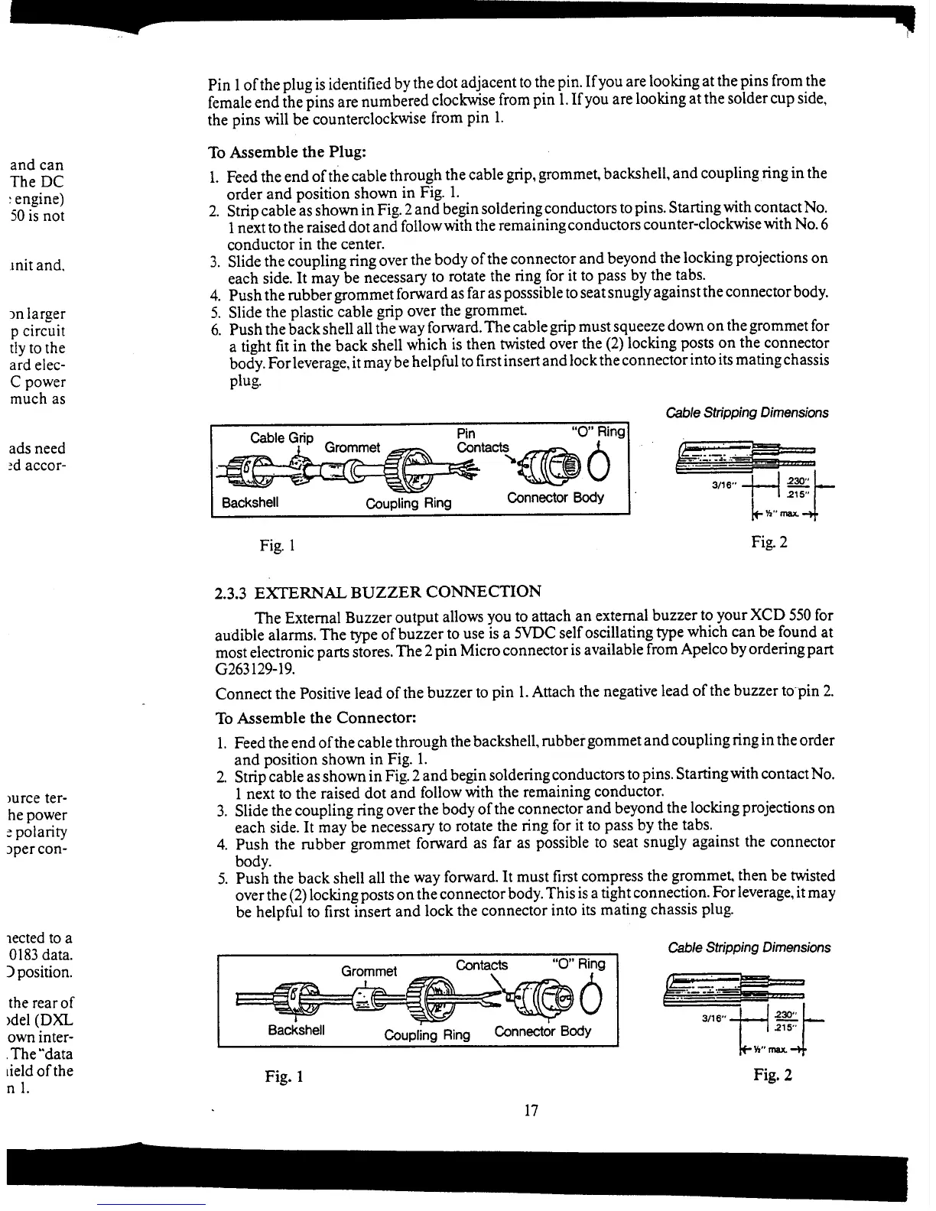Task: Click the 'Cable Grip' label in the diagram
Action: [281, 438]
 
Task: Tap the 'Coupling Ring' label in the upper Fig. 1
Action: [408, 503]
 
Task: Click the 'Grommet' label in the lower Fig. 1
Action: [369, 971]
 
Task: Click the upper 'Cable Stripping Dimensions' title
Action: [746, 413]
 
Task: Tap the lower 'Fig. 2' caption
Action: [772, 1075]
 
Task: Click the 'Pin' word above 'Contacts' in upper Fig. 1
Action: [466, 433]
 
